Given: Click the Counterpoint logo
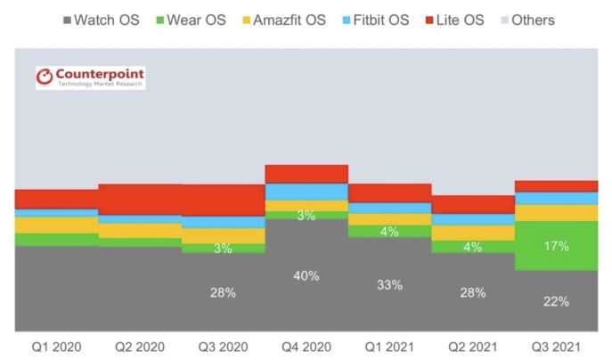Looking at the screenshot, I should tap(90, 78).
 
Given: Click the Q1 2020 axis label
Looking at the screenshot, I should tap(57, 346).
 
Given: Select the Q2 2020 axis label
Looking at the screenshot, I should tap(140, 346).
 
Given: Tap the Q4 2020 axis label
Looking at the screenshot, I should tap(306, 346).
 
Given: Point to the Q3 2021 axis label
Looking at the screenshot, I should tap(556, 346).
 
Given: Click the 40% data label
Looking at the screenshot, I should tap(306, 275).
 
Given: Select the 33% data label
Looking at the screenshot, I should tap(389, 285).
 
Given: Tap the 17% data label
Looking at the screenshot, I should tap(556, 245).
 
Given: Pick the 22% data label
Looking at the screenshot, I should tap(556, 301).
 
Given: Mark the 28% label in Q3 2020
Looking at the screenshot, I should tap(223, 292).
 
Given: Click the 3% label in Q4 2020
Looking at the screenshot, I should tap(306, 215).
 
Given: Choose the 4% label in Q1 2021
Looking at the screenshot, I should tap(389, 232).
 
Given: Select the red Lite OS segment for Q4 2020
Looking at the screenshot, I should tap(306, 174).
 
